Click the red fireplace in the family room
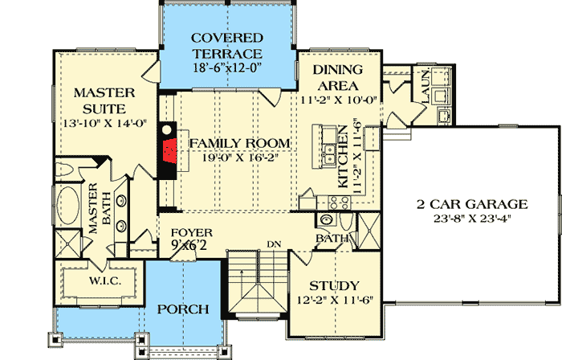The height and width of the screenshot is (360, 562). pyautogui.click(x=167, y=150)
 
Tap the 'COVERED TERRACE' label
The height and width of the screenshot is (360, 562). pyautogui.click(x=226, y=47)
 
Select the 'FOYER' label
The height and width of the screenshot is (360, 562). pyautogui.click(x=192, y=233)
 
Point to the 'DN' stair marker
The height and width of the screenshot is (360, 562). pyautogui.click(x=273, y=244)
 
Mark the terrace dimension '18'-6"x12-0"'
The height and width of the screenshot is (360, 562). pyautogui.click(x=226, y=69)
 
